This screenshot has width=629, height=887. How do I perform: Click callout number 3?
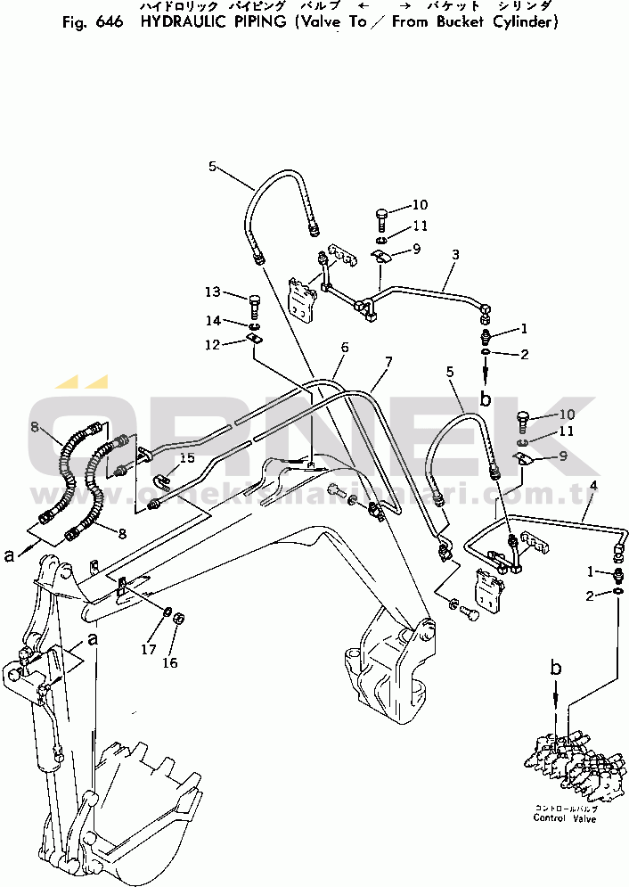(455, 254)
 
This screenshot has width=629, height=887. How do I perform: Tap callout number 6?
(344, 347)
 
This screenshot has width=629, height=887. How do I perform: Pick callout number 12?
(214, 345)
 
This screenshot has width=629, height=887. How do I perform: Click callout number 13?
(212, 292)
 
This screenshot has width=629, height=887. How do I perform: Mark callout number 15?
(188, 458)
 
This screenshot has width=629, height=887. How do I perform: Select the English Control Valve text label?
(565, 818)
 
